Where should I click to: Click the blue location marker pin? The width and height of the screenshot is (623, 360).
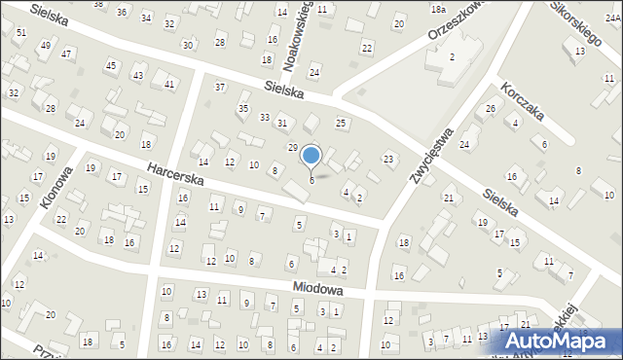tap(311, 157)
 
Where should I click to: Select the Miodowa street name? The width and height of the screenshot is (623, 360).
tap(319, 289)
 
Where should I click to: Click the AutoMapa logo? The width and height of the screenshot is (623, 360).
tap(563, 341)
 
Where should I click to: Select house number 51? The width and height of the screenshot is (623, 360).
tap(20, 33)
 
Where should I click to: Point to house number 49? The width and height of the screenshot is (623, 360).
tap(46, 46)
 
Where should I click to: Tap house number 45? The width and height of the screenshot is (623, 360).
tap(111, 65)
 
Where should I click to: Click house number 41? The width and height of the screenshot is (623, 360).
tap(169, 85)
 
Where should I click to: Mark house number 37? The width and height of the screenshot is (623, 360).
tap(220, 88)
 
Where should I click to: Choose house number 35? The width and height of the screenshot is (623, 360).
tap(243, 108)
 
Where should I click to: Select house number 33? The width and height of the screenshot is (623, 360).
tap(264, 117)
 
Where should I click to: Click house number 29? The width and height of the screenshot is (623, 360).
tap(292, 147)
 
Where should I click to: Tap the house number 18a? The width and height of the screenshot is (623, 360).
tap(438, 9)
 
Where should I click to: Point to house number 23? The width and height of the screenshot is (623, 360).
tap(388, 158)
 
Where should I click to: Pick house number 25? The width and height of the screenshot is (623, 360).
tap(341, 123)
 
